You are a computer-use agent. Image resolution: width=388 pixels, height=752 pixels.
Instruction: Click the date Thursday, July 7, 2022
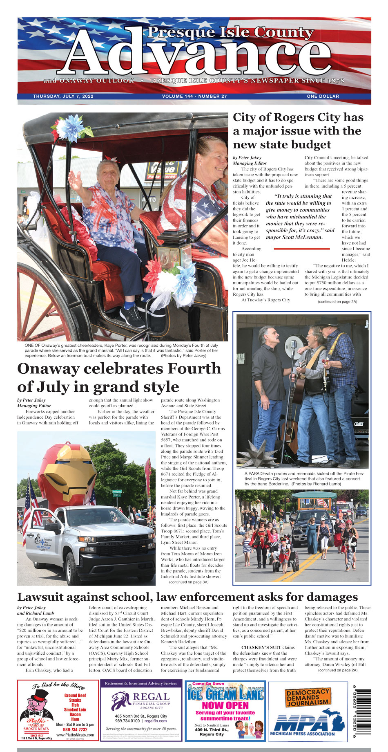pos(63,97)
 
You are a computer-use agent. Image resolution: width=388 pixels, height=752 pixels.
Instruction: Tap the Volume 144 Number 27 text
pos(194,97)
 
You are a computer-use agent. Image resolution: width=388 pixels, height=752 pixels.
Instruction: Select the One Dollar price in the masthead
pos(323,97)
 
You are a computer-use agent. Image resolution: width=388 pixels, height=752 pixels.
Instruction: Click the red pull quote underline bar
pos(301,248)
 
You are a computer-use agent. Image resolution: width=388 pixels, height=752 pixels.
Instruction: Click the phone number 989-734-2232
pos(75,729)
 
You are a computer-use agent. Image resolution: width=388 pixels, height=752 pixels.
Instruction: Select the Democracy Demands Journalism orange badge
pos(308,698)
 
